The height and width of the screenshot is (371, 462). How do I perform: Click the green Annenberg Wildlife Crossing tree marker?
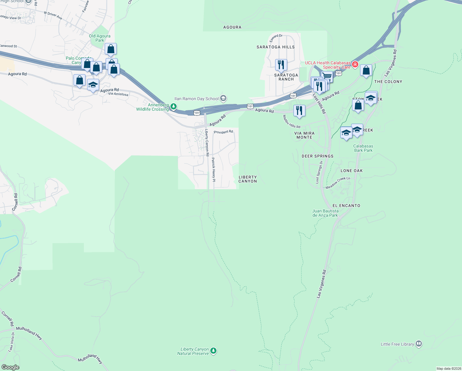click(x=174, y=107)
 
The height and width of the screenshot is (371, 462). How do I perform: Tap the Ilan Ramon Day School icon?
click(x=223, y=99)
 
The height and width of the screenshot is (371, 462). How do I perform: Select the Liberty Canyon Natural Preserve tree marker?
click(x=213, y=351)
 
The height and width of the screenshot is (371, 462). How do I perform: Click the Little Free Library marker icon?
click(x=419, y=344)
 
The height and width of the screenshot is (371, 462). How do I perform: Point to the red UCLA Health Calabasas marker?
click(x=355, y=64)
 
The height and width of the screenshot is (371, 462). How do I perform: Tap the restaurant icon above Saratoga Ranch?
click(x=281, y=65)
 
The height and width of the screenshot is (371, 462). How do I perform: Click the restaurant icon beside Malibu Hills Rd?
click(x=299, y=110)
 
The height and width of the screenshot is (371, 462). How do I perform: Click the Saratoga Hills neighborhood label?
click(x=275, y=47)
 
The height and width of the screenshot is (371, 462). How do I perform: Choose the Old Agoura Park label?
click(x=99, y=38)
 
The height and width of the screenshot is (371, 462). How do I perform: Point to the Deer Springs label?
click(x=317, y=156)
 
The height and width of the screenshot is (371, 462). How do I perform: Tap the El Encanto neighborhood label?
click(x=346, y=206)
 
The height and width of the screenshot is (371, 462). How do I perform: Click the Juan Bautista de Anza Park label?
click(x=325, y=213)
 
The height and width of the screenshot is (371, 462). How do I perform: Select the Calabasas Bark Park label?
click(x=363, y=148)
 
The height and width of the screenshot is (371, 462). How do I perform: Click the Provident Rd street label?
click(x=223, y=132)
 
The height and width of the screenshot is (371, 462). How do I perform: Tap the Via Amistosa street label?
click(x=118, y=94)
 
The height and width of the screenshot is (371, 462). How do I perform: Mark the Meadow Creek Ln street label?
click(x=338, y=183)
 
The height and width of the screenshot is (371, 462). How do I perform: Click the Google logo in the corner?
click(x=10, y=367)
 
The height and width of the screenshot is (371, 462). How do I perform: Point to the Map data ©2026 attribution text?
click(x=448, y=369)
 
